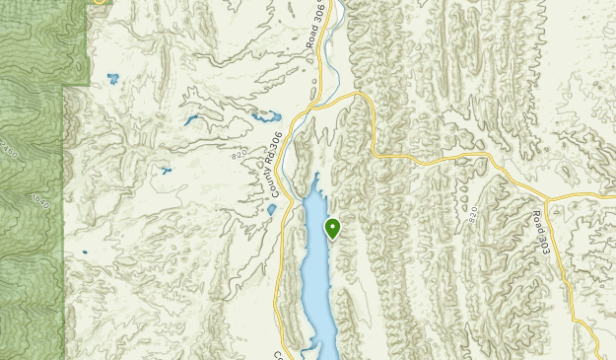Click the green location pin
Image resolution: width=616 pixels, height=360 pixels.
click(333, 229)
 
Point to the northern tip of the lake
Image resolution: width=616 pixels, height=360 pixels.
click(318, 177)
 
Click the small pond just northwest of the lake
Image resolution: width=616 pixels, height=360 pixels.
click(271, 209)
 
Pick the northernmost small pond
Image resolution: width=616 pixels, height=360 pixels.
click(111, 77)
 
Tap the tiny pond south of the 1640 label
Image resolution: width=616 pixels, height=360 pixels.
click(85, 252)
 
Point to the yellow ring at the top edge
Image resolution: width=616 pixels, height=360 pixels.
click(99, 2)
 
